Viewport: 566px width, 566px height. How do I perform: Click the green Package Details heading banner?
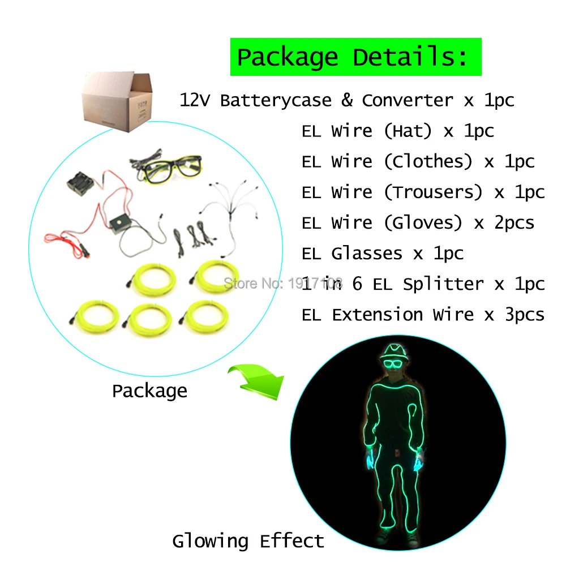[355, 57]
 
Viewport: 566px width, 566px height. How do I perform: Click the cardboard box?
[117, 101]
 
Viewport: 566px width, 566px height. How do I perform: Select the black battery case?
[80, 184]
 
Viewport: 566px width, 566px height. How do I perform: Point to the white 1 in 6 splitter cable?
[231, 209]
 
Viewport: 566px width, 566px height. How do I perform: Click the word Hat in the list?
[408, 131]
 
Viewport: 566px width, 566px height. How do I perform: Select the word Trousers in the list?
[433, 192]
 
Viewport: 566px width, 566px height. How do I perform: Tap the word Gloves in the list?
[423, 222]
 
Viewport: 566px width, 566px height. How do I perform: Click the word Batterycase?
[276, 100]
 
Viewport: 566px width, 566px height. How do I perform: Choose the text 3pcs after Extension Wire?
[524, 314]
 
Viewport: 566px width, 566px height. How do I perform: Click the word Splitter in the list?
[443, 285]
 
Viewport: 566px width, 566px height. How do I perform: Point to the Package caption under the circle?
[149, 391]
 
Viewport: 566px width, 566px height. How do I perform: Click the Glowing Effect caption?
[248, 541]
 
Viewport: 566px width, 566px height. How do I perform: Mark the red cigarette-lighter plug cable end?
[84, 251]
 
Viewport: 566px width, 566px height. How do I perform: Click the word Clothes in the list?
[428, 161]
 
